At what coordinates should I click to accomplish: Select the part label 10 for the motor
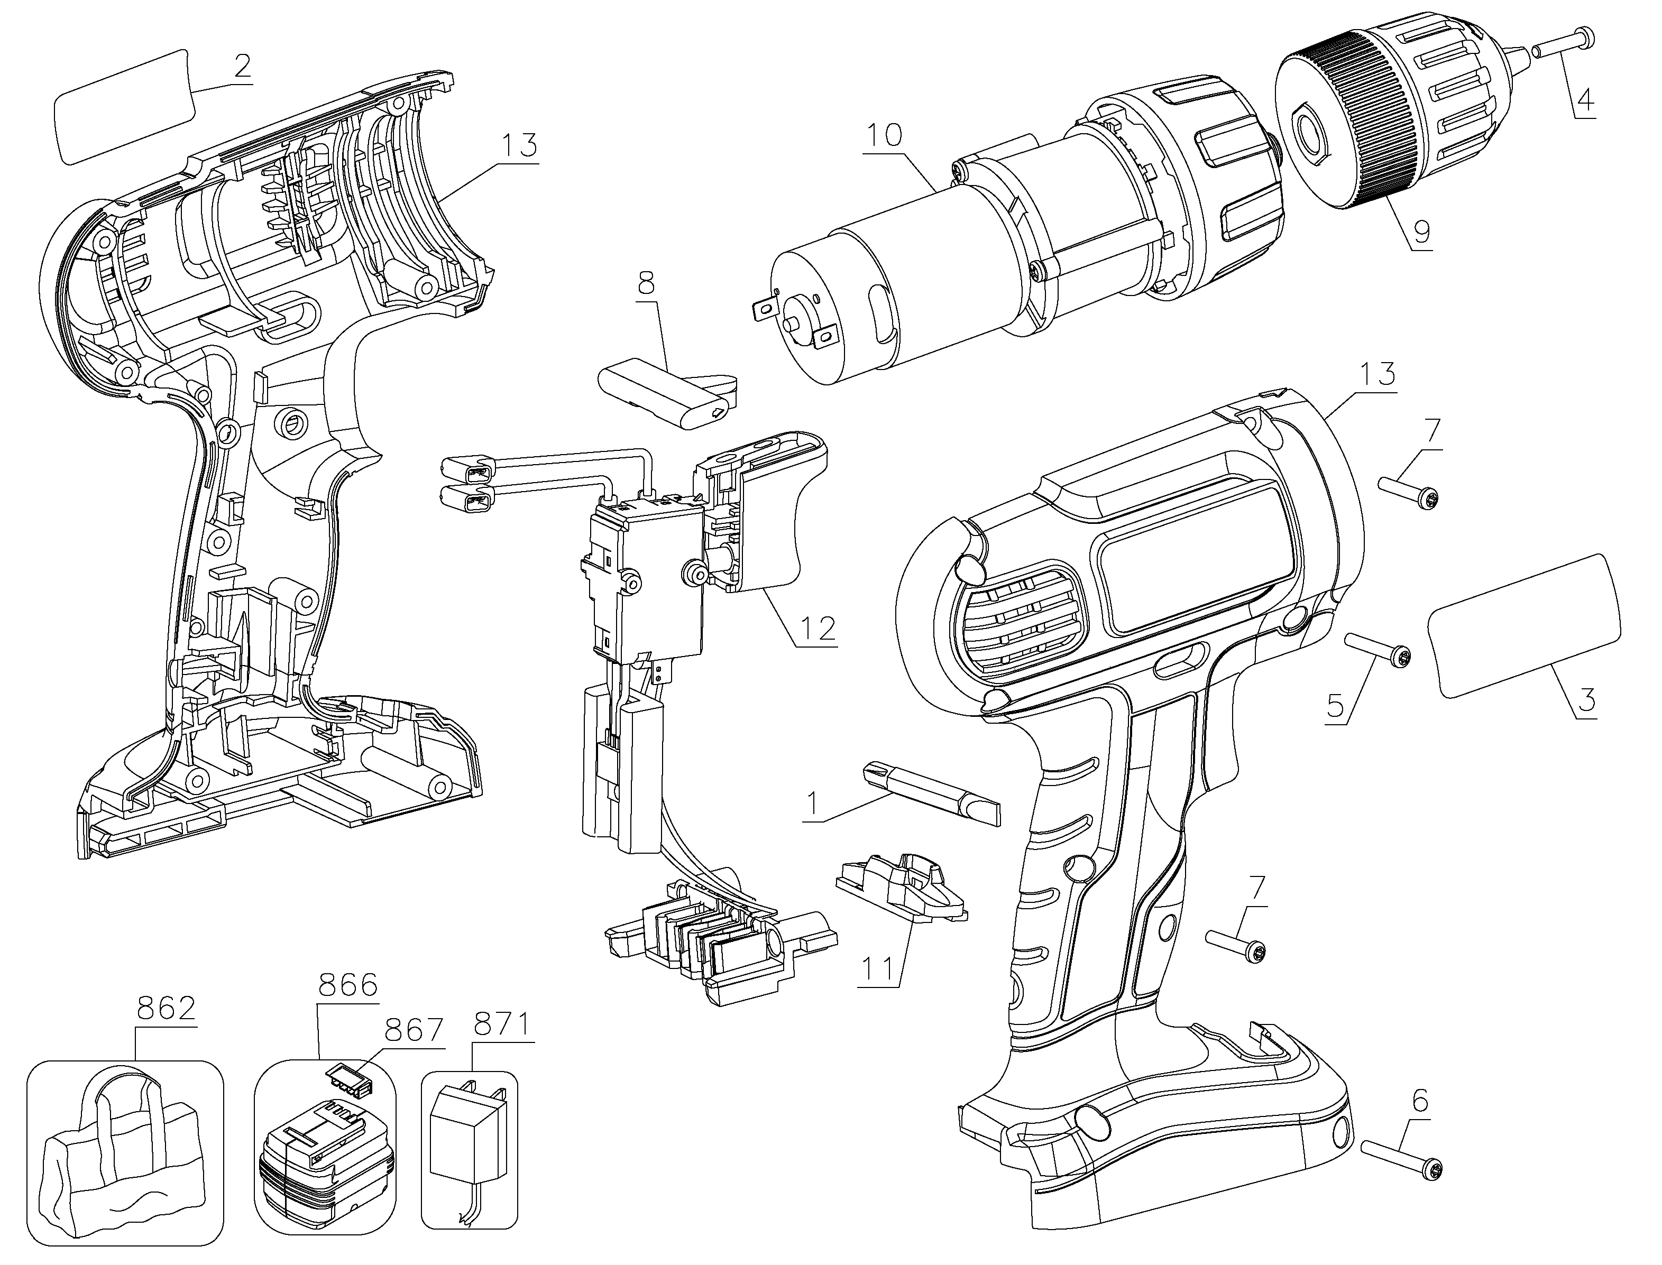pyautogui.click(x=884, y=135)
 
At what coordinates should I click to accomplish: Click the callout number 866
pyautogui.click(x=348, y=985)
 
